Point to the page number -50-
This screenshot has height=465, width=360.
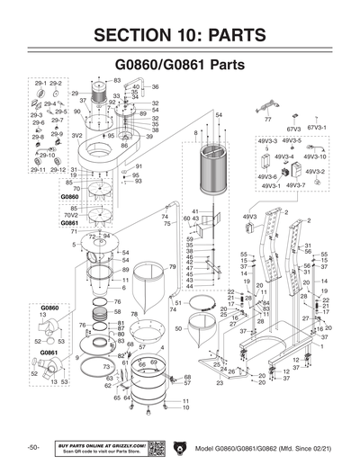point(32,448)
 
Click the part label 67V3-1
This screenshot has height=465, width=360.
point(319,128)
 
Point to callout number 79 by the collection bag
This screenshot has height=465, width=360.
point(172,267)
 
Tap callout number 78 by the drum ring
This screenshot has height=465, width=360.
point(134,314)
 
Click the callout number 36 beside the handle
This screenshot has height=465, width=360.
point(155,87)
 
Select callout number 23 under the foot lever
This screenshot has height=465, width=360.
point(219,383)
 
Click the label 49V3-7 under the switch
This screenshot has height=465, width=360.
point(295,185)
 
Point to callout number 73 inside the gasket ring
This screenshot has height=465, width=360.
point(107,367)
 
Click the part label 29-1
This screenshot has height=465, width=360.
point(39,82)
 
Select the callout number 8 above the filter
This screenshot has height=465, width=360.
point(195,132)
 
